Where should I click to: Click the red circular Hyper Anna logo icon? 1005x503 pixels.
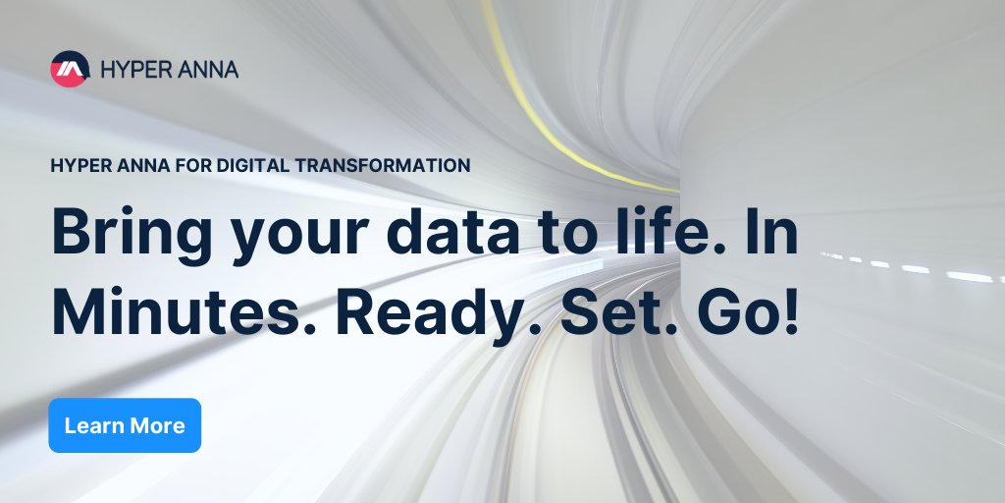click(69, 69)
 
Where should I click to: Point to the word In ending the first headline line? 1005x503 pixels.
click(772, 232)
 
